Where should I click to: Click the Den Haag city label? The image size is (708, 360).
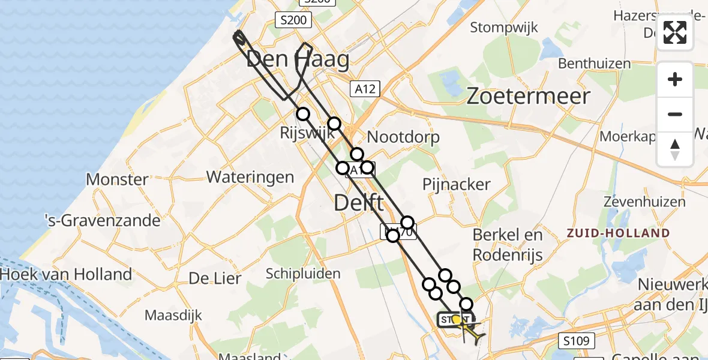click(x=298, y=60)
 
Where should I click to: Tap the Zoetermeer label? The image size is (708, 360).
click(x=528, y=96)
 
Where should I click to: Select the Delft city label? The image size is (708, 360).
click(x=358, y=203)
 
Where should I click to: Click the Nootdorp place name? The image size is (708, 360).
click(x=403, y=137)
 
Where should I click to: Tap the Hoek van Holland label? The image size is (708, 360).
click(x=66, y=275)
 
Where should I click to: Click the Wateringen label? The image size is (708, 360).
click(x=250, y=177)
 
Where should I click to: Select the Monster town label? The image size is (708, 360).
click(x=117, y=179)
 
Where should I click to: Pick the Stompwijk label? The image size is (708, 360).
click(x=504, y=28)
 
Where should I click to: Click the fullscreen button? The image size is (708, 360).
click(x=675, y=32)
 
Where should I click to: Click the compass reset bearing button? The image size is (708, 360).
click(x=675, y=149)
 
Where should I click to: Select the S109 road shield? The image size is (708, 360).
click(x=577, y=341)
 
